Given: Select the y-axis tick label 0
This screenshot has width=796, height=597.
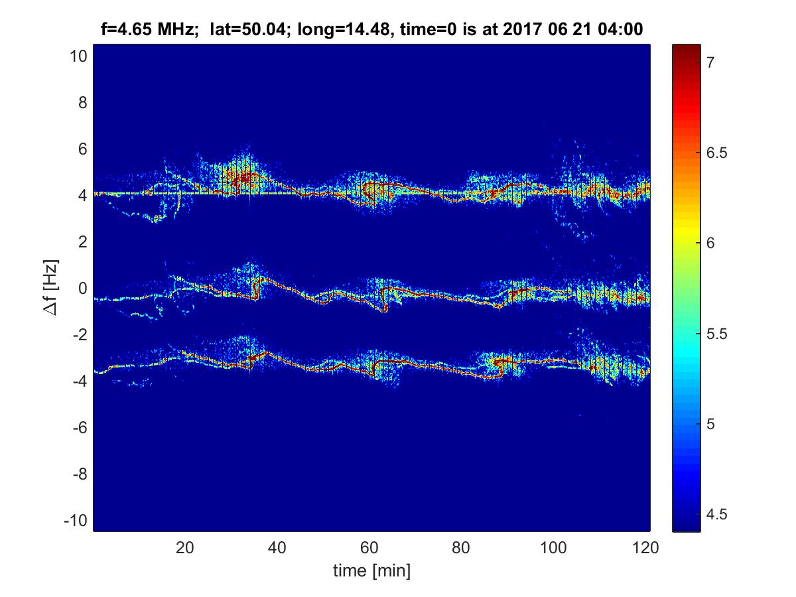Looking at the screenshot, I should [x=82, y=289].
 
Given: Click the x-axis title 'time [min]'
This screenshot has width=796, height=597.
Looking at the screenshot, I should [x=371, y=570].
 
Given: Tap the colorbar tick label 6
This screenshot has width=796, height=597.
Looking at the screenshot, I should [x=710, y=243].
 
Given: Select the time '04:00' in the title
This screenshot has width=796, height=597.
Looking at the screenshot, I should [x=622, y=29].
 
